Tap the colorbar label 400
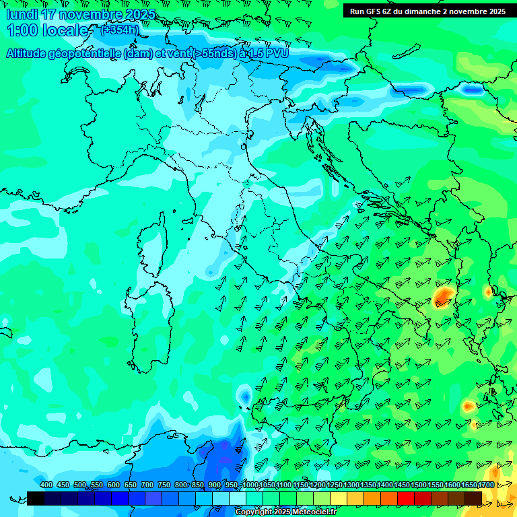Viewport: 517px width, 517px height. (x=46, y=485)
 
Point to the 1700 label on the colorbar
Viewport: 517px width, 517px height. (x=486, y=485)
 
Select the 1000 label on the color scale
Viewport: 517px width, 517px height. (x=250, y=485)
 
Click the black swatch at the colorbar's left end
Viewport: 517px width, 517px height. (x=36, y=498)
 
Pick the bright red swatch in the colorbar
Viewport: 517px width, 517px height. (x=406, y=498)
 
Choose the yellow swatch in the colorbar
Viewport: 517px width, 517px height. (x=339, y=498)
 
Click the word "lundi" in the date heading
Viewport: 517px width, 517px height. (x=21, y=14)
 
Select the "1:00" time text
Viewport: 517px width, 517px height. (x=20, y=30)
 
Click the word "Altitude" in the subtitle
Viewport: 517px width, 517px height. (x=27, y=54)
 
